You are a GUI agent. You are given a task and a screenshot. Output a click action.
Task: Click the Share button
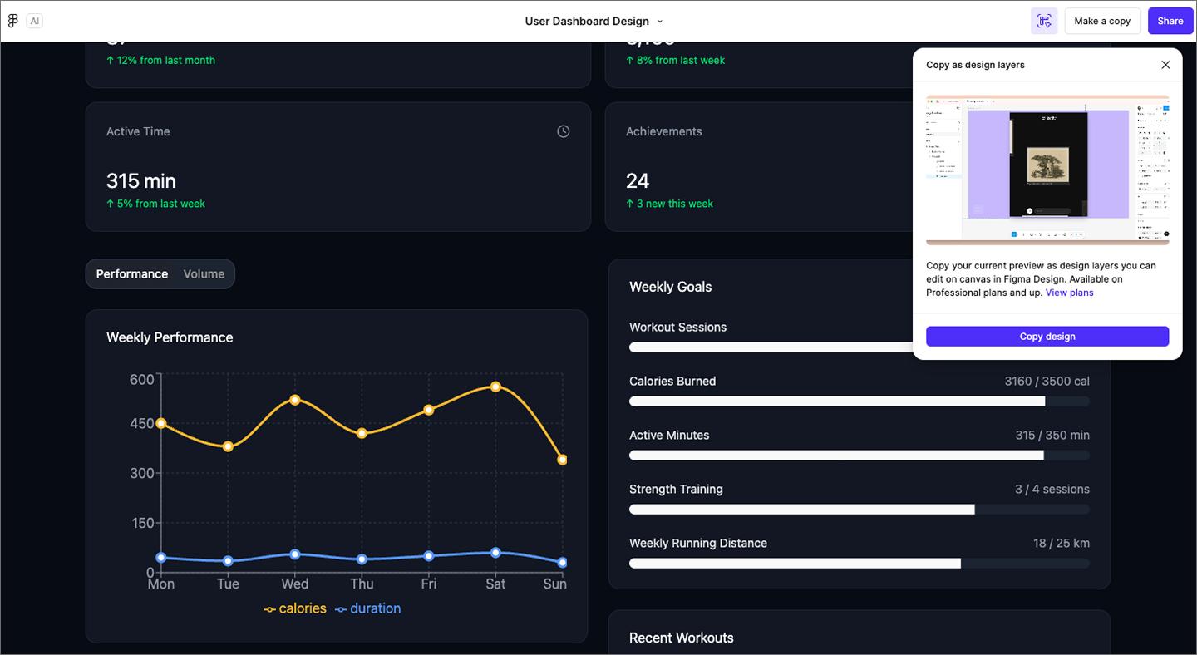point(1170,21)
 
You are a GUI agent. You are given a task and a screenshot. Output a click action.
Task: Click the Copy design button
point(1047,337)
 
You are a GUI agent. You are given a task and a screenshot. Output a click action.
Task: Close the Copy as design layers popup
point(1165,65)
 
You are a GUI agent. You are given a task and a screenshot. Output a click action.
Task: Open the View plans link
point(1069,293)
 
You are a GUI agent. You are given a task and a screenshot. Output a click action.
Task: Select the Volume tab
point(204,274)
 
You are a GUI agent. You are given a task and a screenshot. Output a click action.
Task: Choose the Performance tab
point(132,274)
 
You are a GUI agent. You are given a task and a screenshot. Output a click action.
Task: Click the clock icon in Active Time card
point(564,131)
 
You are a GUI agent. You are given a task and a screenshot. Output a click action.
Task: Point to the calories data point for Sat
point(495,387)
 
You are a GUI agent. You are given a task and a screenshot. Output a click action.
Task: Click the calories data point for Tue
point(228,446)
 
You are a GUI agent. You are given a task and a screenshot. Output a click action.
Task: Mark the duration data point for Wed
point(295,554)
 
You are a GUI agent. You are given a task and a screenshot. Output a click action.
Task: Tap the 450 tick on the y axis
point(142,424)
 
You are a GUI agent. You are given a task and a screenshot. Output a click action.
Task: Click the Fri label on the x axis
point(429,584)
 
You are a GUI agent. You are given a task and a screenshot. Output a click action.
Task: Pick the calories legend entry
point(295,608)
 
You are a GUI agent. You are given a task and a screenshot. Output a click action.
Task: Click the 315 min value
point(141,180)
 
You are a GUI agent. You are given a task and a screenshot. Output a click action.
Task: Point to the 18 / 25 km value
point(1061,543)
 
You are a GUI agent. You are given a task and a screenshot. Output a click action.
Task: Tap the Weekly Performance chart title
point(170,337)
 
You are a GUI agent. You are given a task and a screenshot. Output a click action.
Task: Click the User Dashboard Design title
point(587,21)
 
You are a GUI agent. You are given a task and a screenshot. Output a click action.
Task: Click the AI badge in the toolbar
point(34,21)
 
